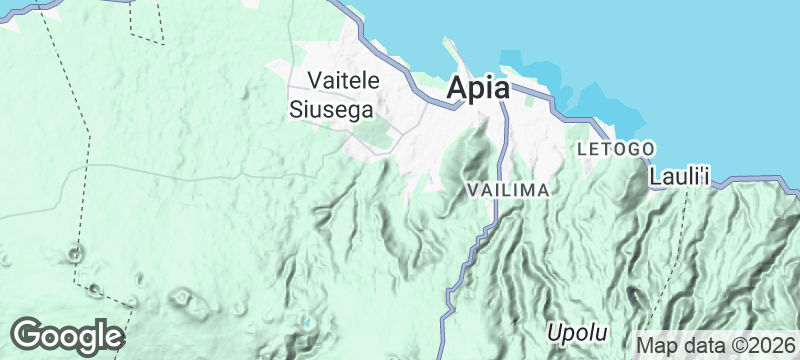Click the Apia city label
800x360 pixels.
[478, 88]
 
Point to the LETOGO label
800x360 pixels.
[616, 149]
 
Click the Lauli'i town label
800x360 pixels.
[679, 177]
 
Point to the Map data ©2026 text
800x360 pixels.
[714, 343]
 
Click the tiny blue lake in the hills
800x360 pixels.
[308, 324]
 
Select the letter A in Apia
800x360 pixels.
[458, 88]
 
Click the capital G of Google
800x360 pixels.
[28, 334]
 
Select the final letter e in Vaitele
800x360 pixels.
[374, 79]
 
